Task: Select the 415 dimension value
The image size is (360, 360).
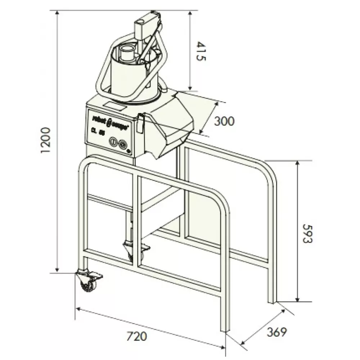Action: (201, 52)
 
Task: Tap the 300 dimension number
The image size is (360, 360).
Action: (224, 121)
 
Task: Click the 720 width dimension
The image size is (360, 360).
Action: (137, 337)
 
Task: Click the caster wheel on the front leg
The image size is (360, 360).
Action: (87, 283)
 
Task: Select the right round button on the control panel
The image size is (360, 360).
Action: (123, 143)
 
